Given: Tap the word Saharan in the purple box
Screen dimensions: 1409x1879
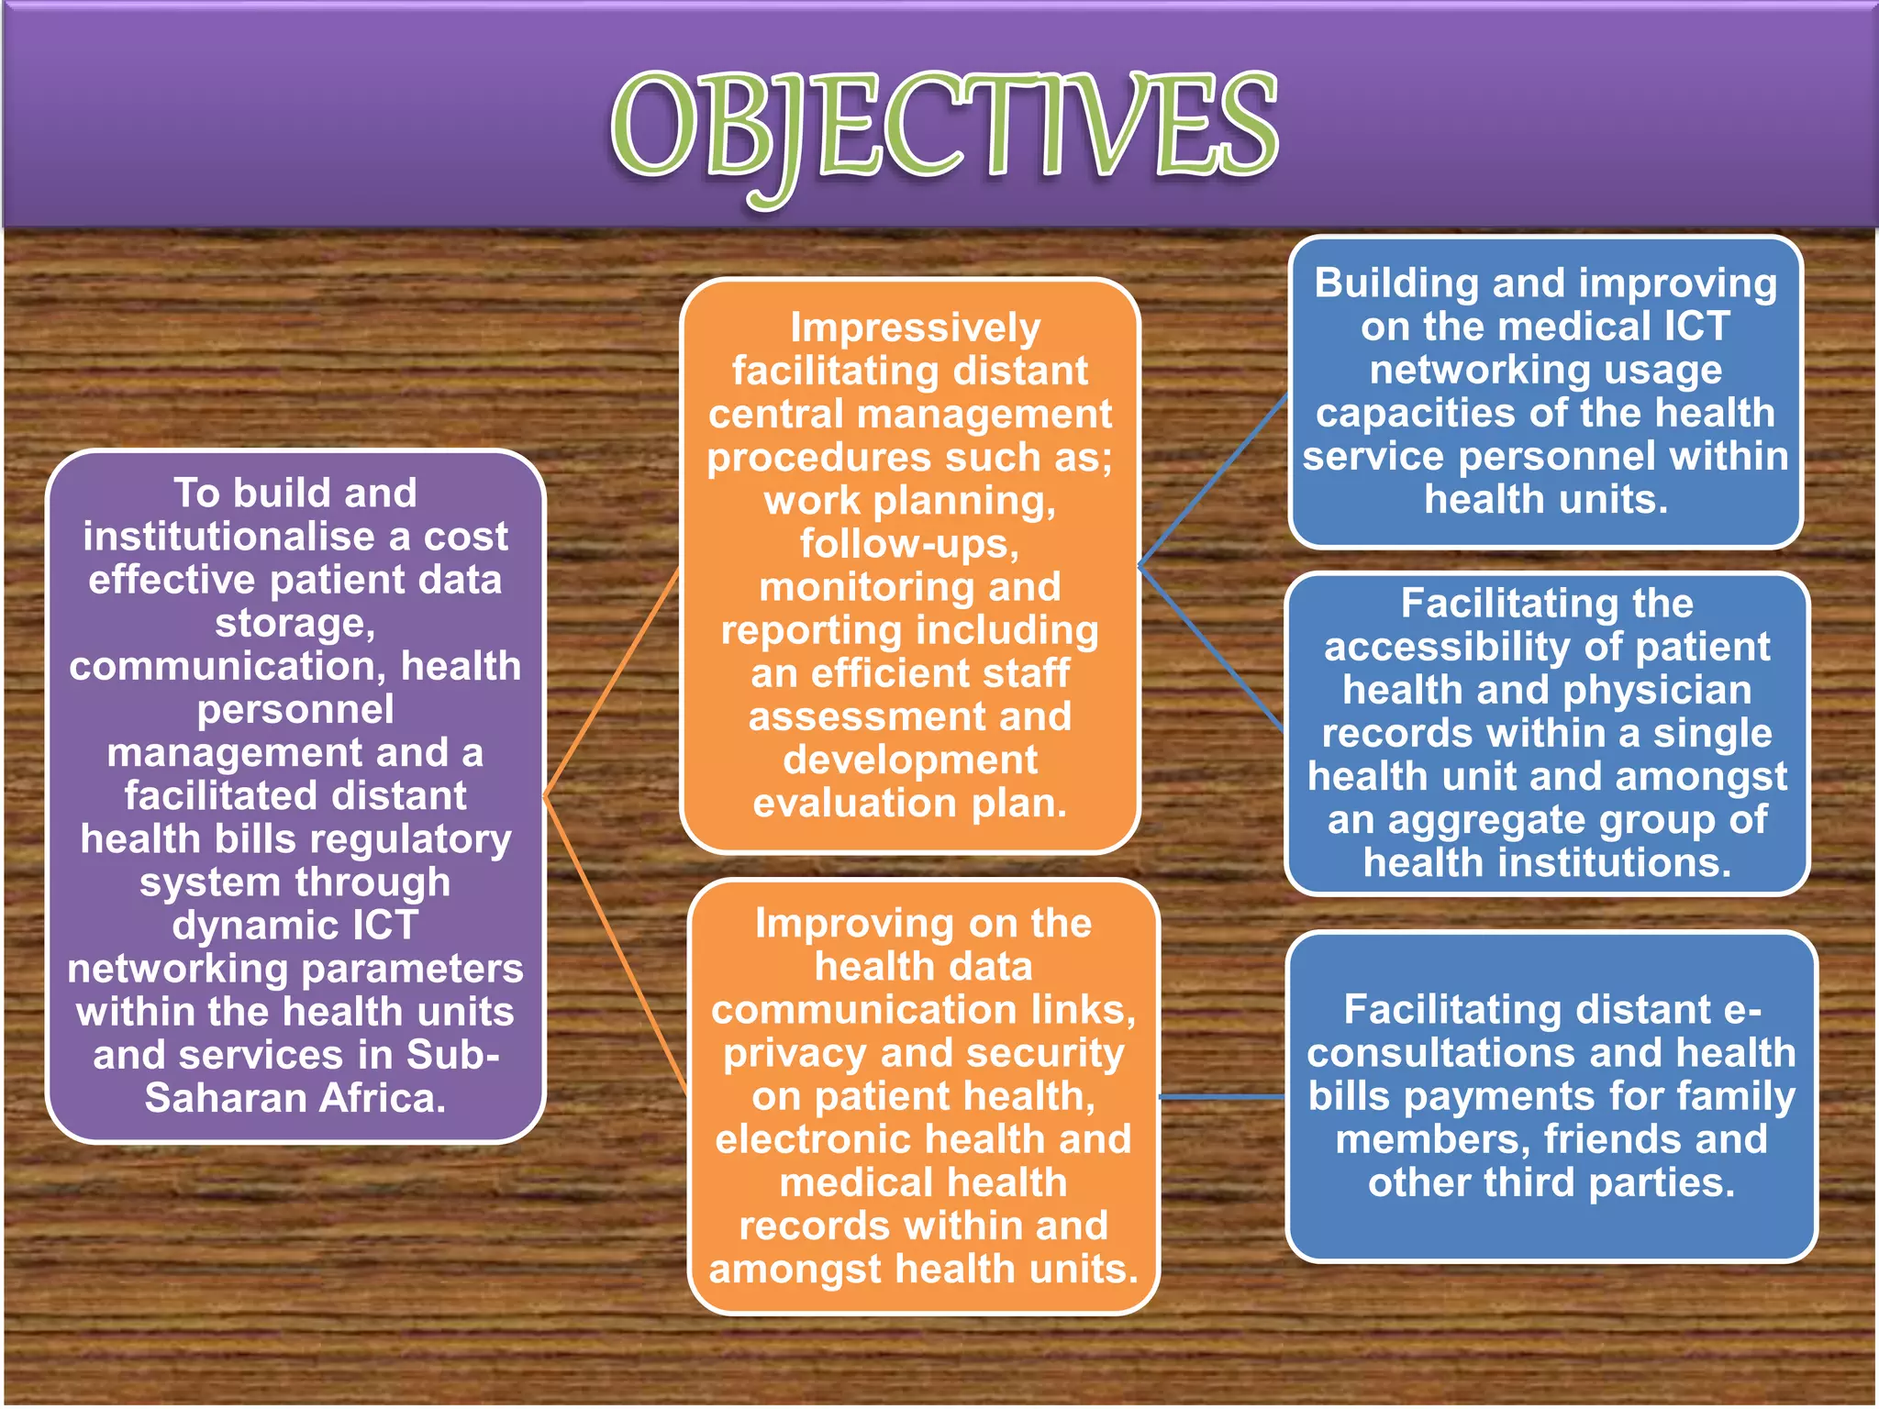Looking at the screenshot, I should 229,1098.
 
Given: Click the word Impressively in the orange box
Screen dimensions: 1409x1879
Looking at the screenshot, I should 915,328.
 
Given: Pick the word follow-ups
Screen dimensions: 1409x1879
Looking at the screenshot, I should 909,544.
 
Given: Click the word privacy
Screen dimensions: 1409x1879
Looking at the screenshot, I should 795,1053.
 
